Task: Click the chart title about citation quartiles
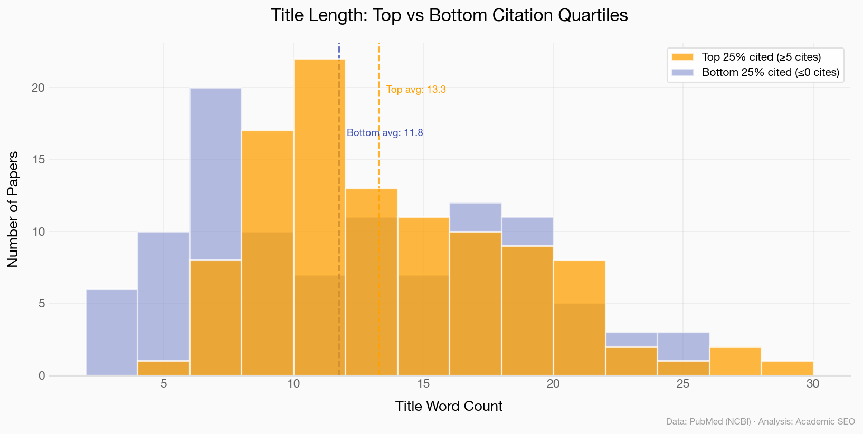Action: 449,15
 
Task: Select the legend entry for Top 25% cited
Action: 761,57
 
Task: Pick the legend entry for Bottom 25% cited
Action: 770,72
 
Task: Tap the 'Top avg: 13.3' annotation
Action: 416,90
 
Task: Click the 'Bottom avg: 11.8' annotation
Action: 385,133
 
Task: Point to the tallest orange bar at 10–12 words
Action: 319,158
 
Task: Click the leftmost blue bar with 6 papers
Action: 111,332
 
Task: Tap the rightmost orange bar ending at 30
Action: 787,368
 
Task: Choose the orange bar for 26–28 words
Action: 735,361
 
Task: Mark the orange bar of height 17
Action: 267,179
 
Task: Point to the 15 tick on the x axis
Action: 423,384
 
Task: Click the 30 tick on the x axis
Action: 813,384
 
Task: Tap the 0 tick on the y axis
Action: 41,375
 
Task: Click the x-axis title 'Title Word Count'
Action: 449,406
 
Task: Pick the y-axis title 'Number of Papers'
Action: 13,209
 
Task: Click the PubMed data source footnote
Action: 760,422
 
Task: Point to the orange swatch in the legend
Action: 682,57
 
